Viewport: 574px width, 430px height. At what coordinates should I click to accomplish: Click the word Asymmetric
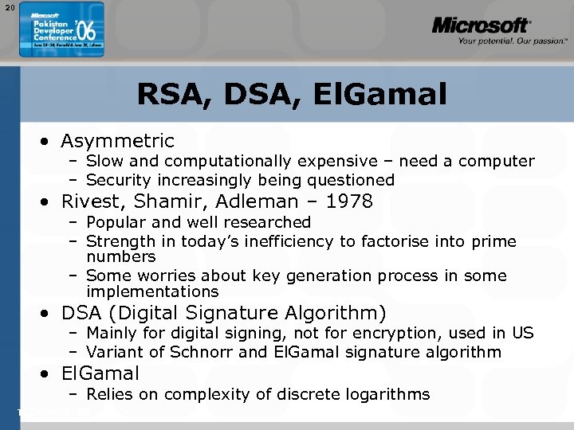(x=117, y=141)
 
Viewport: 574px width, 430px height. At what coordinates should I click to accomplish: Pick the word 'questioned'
(x=353, y=181)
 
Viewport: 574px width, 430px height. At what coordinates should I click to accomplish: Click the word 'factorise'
(x=396, y=241)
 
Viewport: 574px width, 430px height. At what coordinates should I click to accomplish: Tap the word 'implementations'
(x=151, y=292)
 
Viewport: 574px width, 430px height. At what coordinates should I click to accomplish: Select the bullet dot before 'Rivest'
(x=49, y=202)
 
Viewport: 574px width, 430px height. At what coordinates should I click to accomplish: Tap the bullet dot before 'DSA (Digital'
(x=49, y=314)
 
